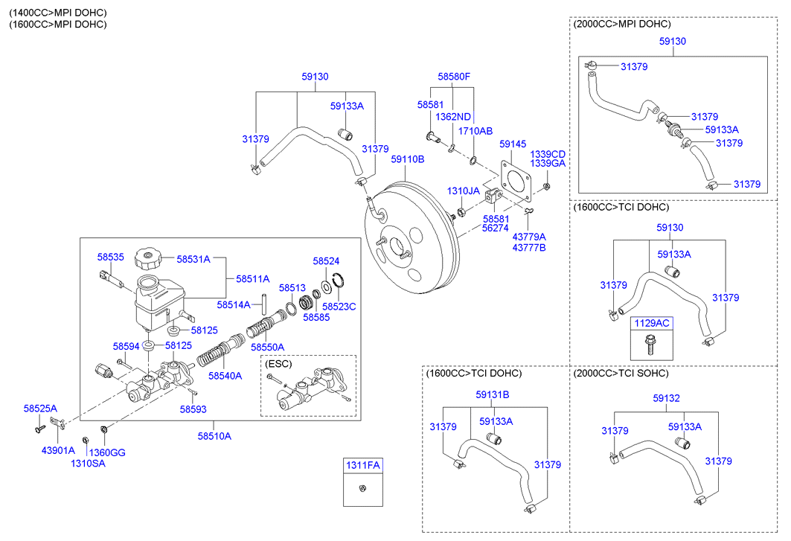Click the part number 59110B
pos(408,159)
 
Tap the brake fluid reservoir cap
pos(147,260)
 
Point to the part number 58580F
pos(454,77)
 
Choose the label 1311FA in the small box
pos(362,466)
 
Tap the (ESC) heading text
pos(278,364)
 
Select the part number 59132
pos(667,399)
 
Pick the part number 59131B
pos(493,394)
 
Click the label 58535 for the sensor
pos(110,257)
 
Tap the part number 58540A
pos(225,376)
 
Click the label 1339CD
pos(548,154)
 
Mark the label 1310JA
pos(464,191)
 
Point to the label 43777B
pos(529,247)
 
